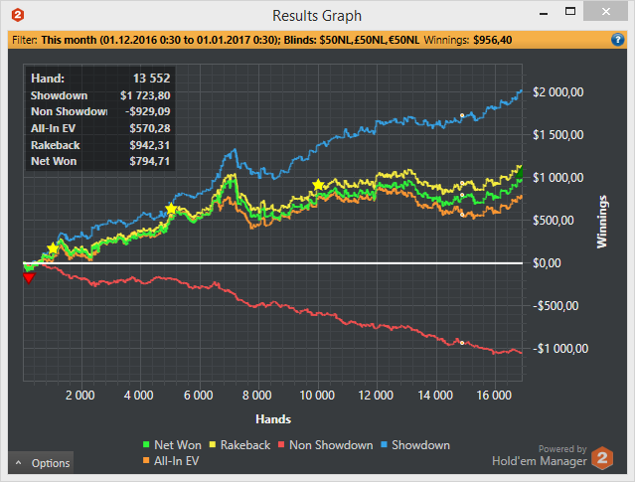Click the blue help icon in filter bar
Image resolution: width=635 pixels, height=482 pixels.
tap(618, 41)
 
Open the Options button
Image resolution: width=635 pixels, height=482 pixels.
tap(41, 463)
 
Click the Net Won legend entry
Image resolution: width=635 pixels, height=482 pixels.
tap(175, 445)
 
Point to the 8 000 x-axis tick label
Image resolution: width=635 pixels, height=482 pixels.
tap(257, 395)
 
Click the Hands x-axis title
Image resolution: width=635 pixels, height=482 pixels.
tap(272, 418)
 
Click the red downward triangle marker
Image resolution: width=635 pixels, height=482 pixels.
tap(29, 277)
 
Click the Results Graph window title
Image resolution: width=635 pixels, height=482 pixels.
tap(317, 15)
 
